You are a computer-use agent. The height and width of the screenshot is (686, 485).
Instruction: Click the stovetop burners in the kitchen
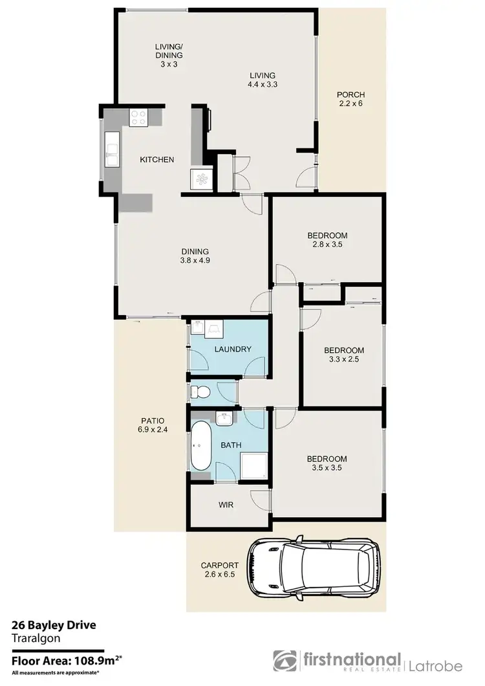[x=138, y=118]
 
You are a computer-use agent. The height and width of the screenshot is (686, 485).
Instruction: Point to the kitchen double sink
[x=111, y=150]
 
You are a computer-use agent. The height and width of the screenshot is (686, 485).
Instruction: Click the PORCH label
[x=351, y=95]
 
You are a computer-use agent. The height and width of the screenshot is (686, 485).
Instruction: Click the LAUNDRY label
[x=232, y=349]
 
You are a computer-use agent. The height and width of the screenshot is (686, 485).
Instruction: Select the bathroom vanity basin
[x=224, y=419]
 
